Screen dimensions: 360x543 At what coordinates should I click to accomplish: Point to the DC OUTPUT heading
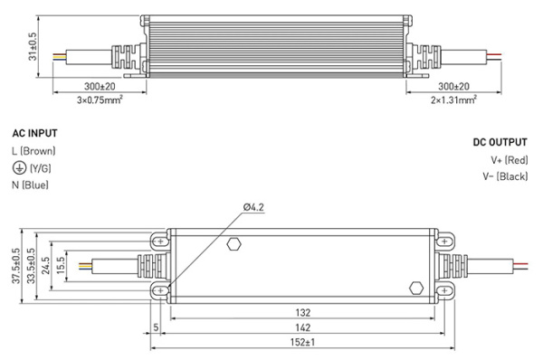pyautogui.click(x=500, y=143)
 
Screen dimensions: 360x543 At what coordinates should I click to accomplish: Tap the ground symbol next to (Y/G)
pyautogui.click(x=17, y=167)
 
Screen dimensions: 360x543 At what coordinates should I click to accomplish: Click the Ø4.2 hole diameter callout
pyautogui.click(x=254, y=208)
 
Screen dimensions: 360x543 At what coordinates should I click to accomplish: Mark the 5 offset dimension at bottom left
pyautogui.click(x=157, y=326)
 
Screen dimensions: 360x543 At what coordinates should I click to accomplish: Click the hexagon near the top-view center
pyautogui.click(x=234, y=243)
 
